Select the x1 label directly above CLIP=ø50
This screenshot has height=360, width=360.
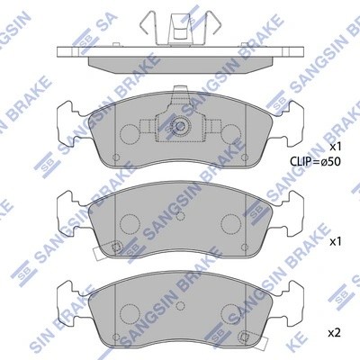pyautogui.click(x=335, y=146)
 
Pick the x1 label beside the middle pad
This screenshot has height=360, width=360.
pyautogui.click(x=335, y=241)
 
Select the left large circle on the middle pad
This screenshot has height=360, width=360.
pyautogui.click(x=128, y=222)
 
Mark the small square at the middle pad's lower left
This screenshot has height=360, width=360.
pyautogui.click(x=115, y=247)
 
